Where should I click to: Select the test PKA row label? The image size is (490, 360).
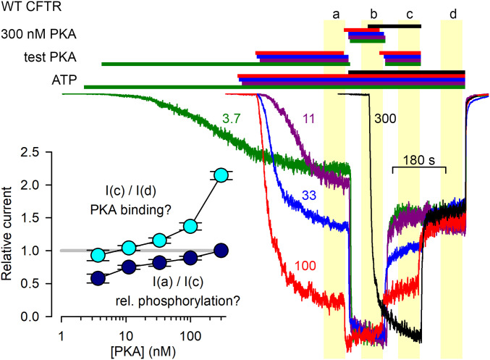point(48,57)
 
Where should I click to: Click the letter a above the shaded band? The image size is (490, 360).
point(335,13)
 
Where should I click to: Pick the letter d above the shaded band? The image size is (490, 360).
point(452,13)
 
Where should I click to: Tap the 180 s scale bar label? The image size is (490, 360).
point(418,159)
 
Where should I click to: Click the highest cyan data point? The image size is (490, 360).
point(222,175)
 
